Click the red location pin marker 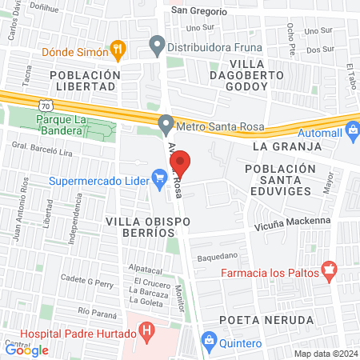(x=180, y=163)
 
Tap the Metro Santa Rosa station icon (x=166, y=125)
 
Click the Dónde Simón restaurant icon (x=118, y=50)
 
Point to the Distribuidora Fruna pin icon (x=157, y=46)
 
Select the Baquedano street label (x=218, y=257)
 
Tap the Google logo (x=26, y=350)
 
